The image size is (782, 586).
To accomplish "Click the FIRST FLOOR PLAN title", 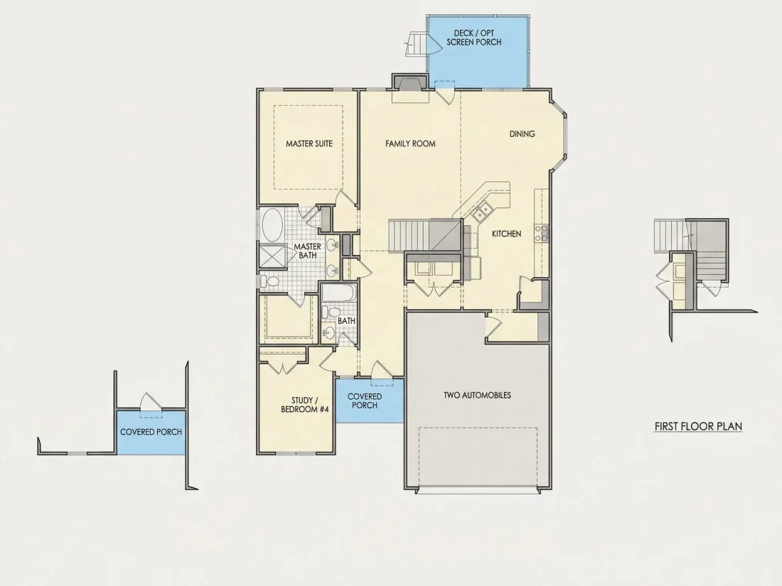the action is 698,427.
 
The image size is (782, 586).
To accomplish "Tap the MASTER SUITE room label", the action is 309,143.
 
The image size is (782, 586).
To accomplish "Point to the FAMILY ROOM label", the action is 410,143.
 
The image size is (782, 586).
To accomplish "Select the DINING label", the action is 523,134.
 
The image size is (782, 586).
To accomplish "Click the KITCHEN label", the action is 507,234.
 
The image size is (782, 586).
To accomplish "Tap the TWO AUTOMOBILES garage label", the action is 477,395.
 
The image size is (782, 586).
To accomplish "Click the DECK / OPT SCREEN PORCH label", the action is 474,38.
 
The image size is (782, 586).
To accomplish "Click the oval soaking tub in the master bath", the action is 272,224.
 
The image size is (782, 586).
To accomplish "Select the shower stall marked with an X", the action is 272,256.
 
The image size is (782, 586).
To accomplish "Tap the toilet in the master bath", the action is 270,281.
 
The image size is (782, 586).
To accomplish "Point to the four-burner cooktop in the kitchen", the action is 542,233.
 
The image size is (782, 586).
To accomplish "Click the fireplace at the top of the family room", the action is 410,83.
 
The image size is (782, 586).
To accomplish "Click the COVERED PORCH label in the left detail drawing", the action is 151,432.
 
